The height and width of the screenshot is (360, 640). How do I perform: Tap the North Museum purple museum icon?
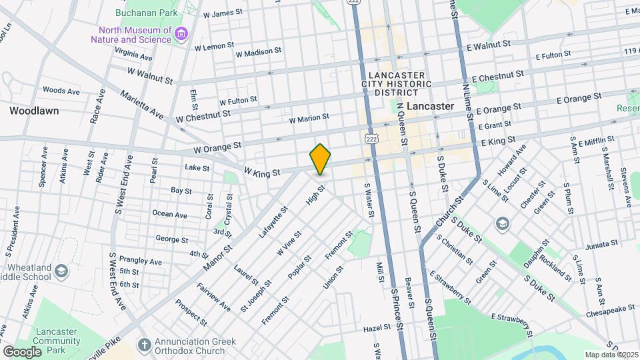coord(180,34)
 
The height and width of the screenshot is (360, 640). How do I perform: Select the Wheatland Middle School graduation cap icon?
coord(61,270)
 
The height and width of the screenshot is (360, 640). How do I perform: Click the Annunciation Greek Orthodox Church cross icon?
coord(143,345)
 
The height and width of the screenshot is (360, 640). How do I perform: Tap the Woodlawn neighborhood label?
coord(34,111)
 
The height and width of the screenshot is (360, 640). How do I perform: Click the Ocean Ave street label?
coord(170,215)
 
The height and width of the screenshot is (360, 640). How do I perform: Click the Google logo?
coord(22,351)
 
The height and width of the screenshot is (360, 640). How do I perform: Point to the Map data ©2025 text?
coord(611,355)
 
